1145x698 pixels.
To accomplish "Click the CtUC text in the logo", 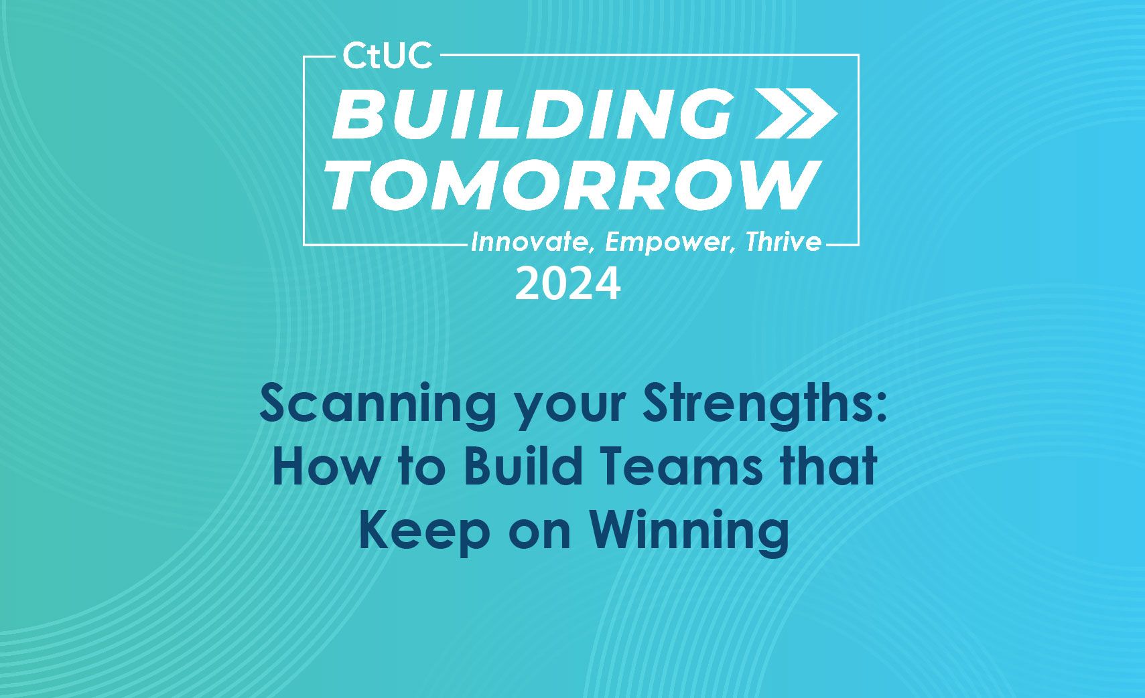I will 387,56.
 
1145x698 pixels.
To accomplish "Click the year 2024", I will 567,284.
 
